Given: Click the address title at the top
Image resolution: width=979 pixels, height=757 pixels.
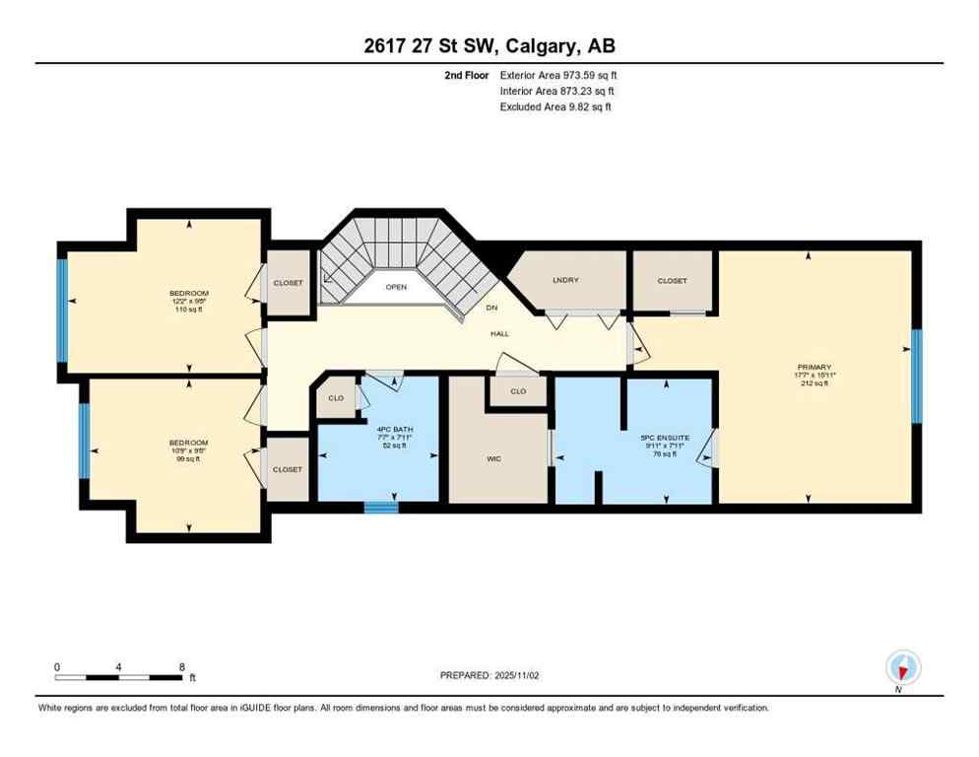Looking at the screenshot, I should coord(489,46).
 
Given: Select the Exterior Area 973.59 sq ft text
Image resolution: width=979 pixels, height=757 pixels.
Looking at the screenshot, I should coord(558,75).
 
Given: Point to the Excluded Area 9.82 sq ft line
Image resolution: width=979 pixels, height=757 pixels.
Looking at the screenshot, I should coord(555,106).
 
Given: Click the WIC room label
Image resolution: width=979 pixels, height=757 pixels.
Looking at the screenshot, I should coord(494,458).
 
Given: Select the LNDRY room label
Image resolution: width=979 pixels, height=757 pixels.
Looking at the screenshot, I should coord(565,280).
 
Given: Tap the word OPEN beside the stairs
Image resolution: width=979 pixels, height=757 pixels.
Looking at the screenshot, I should coord(396,288).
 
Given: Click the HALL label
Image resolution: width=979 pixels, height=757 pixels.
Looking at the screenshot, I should coord(500,334).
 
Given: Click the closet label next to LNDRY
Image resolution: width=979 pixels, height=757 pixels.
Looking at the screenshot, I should coord(673,280).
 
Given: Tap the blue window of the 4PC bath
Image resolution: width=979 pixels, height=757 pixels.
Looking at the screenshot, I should coord(381,508).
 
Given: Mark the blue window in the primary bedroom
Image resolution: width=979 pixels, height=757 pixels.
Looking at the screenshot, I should coord(916,376).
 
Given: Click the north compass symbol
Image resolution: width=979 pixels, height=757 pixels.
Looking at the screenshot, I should coord(901,667).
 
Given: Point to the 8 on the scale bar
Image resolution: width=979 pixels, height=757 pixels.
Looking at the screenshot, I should coord(182,667).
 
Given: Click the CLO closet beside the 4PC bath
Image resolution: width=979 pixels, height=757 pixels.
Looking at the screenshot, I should coord(336,398).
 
